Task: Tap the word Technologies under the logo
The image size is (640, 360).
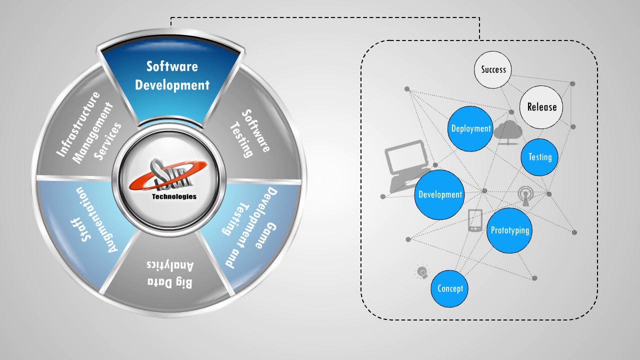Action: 174,196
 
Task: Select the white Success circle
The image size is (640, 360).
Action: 493,69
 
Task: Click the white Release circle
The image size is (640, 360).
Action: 541,107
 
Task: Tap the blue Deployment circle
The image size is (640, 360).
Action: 470,128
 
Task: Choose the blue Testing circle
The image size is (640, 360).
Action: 540,157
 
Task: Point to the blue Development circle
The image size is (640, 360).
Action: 440,194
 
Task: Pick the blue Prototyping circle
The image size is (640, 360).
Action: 509,230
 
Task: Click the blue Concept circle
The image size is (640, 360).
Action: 450,288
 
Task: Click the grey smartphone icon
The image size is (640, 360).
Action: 475,220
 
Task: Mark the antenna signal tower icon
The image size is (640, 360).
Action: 525,195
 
